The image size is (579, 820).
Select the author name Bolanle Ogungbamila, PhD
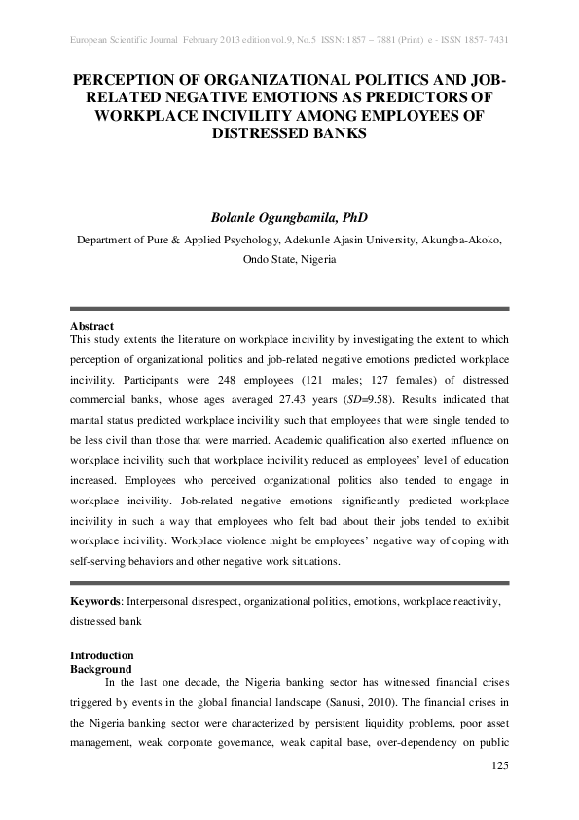289,216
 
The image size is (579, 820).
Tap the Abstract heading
92,325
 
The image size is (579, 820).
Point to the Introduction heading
102,655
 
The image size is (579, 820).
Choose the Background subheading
101,669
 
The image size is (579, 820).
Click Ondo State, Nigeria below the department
289,261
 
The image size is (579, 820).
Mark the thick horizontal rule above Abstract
289,309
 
